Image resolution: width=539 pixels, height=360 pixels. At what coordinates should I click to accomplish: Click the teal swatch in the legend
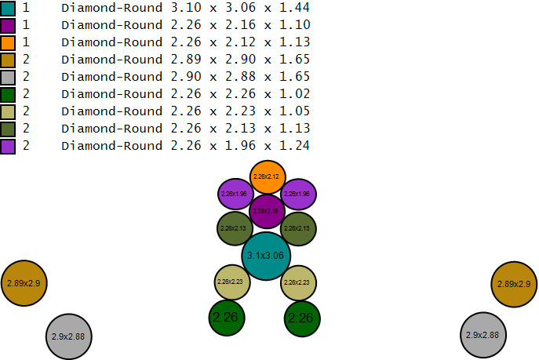pyautogui.click(x=8, y=8)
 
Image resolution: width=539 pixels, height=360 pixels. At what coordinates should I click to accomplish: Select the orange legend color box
pyautogui.click(x=8, y=42)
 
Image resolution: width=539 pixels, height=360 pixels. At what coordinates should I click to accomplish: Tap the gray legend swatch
pyautogui.click(x=8, y=77)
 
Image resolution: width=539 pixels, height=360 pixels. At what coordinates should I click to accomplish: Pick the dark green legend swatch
pyautogui.click(x=8, y=94)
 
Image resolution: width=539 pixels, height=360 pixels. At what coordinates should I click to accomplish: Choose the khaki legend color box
pyautogui.click(x=8, y=111)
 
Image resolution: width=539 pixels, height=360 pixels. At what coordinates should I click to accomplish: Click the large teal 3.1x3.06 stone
pyautogui.click(x=266, y=256)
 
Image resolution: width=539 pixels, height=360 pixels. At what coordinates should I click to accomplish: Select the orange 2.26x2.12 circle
pyautogui.click(x=267, y=176)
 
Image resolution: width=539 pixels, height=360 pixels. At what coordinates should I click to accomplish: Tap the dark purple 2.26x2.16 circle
pyautogui.click(x=267, y=211)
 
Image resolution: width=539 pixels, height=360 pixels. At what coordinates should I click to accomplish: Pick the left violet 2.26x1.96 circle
pyautogui.click(x=235, y=194)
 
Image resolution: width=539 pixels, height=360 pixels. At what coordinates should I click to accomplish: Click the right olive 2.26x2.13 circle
pyautogui.click(x=298, y=228)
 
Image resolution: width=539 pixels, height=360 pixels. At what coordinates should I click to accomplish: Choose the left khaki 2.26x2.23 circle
pyautogui.click(x=232, y=282)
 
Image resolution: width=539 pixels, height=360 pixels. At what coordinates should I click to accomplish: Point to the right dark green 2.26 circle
pyautogui.click(x=301, y=318)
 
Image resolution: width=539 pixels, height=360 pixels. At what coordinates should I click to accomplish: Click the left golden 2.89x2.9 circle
pyautogui.click(x=25, y=283)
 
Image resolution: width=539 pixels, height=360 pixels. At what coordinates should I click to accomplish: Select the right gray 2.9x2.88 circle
pyautogui.click(x=483, y=335)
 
